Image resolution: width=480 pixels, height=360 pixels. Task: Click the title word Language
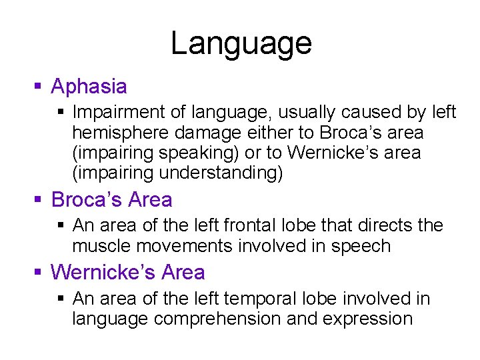[x=241, y=43]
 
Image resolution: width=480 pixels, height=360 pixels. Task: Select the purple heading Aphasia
[x=89, y=87]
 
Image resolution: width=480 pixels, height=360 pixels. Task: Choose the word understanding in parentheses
[x=219, y=173]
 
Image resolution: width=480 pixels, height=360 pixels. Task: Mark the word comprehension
[x=217, y=319]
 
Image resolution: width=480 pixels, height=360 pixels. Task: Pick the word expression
[x=367, y=319]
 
